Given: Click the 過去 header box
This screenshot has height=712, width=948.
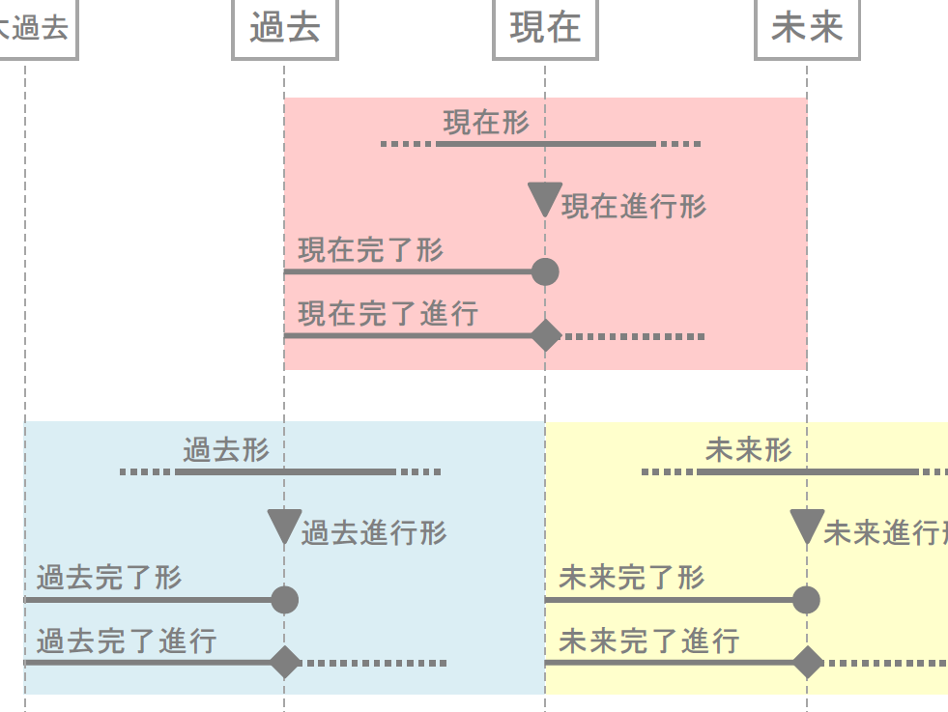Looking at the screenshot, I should point(285,28).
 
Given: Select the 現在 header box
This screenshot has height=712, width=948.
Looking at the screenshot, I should point(545,28).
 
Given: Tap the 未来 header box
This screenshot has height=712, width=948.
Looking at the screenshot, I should point(807,28).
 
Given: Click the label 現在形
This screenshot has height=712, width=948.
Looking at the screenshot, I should point(486,123).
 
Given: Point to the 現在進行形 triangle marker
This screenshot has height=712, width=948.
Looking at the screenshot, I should point(545,199).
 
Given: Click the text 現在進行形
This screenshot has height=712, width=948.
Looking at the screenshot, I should point(634,206).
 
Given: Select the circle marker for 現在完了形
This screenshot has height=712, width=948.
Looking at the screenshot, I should point(545,272).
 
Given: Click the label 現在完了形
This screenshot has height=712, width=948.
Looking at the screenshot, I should point(370,250).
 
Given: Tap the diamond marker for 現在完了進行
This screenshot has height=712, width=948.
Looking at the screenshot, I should point(546,336).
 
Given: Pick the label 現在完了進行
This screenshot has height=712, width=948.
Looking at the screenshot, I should point(388,314).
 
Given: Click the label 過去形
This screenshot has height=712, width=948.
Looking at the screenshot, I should point(226,450).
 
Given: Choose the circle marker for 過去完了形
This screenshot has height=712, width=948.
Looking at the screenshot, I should point(284,600).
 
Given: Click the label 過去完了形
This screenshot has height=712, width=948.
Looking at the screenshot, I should point(109,579).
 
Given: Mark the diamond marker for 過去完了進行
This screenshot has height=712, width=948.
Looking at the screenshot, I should point(284,663).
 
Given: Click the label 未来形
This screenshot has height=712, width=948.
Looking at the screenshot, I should point(748,450).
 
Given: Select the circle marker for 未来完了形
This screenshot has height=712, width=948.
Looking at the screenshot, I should point(807,600).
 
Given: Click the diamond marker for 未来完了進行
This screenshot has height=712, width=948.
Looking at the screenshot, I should point(807,663).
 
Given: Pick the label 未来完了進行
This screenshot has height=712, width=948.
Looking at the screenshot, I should point(648,641).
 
